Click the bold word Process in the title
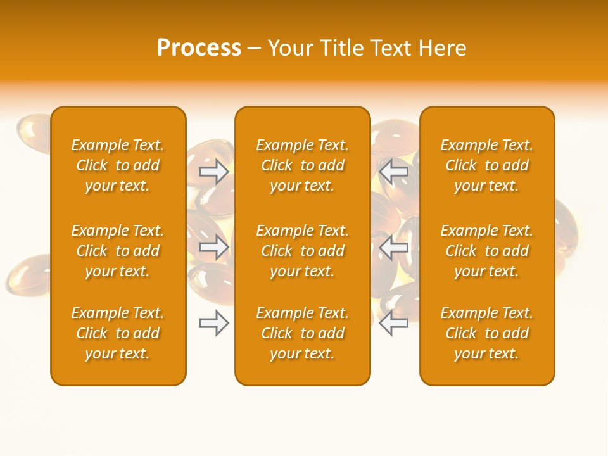pyautogui.click(x=199, y=48)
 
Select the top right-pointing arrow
pyautogui.click(x=213, y=172)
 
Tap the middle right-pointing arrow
pyautogui.click(x=213, y=247)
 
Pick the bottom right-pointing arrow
pyautogui.click(x=213, y=323)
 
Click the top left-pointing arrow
pyautogui.click(x=394, y=172)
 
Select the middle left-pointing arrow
pyautogui.click(x=394, y=247)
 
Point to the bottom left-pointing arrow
pyautogui.click(x=394, y=323)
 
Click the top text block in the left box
pyautogui.click(x=118, y=165)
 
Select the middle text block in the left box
pyautogui.click(x=118, y=251)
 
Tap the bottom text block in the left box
pyautogui.click(x=118, y=333)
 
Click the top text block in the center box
pyautogui.click(x=302, y=165)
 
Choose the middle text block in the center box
pyautogui.click(x=302, y=251)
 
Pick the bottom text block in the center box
pyautogui.click(x=302, y=333)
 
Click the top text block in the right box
pyautogui.click(x=486, y=165)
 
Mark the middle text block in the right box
pyautogui.click(x=486, y=251)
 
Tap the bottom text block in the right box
pyautogui.click(x=486, y=333)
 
